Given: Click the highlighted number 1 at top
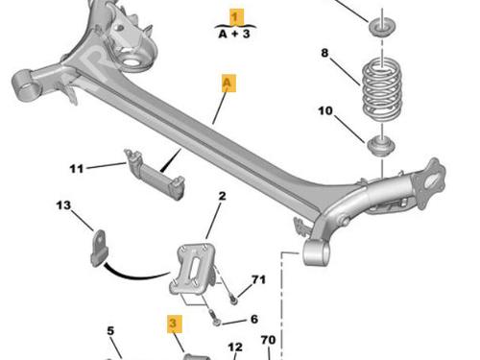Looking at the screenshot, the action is (x=236, y=17).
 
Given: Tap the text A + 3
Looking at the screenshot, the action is (x=234, y=34).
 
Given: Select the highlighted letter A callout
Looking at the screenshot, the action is (x=228, y=83).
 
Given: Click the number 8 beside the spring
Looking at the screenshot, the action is (x=324, y=53).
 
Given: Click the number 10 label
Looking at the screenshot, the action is (x=325, y=111).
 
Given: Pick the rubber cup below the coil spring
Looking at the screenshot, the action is (x=381, y=146).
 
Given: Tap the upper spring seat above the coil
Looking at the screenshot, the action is (x=382, y=28).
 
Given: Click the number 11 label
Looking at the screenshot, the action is (x=77, y=169).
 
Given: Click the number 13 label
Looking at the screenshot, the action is (x=63, y=205).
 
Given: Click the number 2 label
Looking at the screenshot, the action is (x=222, y=196).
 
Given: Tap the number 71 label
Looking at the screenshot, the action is (x=258, y=279).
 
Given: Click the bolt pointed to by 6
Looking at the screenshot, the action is (x=216, y=320).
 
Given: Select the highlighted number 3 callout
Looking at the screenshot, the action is (x=175, y=324).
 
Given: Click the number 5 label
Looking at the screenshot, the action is (x=110, y=330).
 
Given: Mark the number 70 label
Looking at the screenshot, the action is (x=268, y=340).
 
